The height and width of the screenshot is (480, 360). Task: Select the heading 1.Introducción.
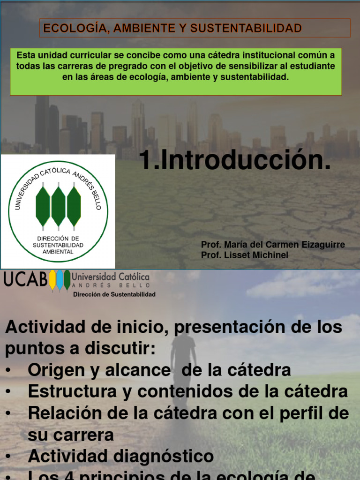pos(234,161)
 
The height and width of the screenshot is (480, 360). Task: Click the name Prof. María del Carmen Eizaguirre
pos(273,245)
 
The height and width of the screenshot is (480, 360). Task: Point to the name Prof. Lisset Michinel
pos(245,255)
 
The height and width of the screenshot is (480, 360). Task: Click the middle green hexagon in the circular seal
pos(58,206)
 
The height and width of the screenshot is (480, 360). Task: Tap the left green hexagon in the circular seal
pos(43,206)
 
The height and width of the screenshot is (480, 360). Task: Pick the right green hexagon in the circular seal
pos(74,206)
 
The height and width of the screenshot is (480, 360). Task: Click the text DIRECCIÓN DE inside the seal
pos(58,239)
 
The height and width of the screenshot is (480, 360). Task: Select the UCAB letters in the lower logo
pos(25,279)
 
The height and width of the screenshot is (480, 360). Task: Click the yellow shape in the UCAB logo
pos(52,280)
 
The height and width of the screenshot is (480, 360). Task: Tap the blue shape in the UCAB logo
pos(60,280)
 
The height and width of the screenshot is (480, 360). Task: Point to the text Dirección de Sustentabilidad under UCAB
pos(114,294)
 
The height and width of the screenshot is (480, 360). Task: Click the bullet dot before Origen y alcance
pos(9,370)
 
